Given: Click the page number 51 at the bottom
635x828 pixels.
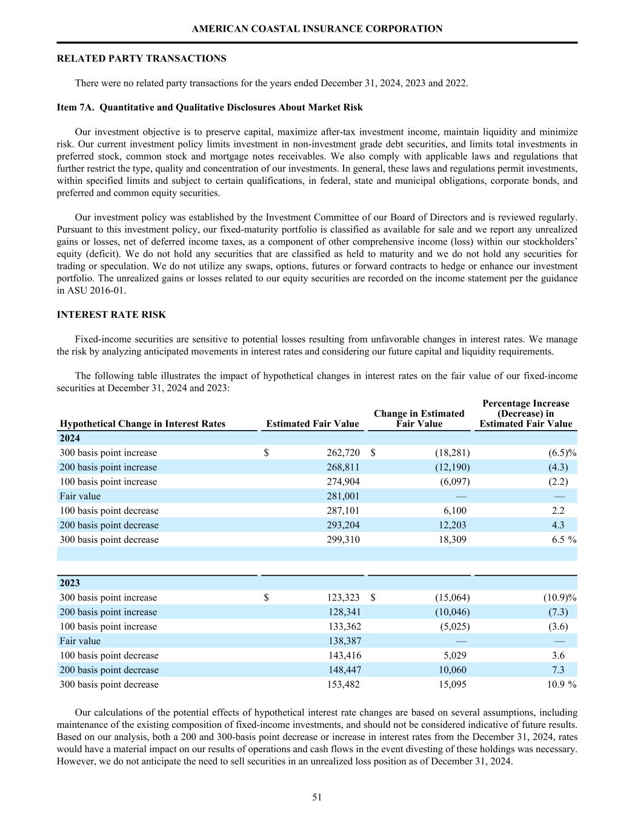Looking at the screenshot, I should coord(317,797).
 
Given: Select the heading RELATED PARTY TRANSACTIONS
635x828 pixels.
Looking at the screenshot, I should coord(141,59).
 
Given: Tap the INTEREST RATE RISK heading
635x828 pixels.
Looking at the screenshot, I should coord(111,315).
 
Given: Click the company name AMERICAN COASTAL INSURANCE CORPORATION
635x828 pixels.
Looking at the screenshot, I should coord(317,29).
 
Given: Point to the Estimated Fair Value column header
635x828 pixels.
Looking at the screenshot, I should coord(313,424).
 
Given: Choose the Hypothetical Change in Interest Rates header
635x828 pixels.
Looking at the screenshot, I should coord(142,424).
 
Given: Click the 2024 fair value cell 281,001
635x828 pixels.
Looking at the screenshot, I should coord(343,496).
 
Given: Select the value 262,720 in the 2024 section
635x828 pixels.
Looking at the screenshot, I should coord(343,453).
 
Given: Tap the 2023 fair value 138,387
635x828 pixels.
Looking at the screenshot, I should coord(344,641).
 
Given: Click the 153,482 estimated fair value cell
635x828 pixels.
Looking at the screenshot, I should coord(344,684).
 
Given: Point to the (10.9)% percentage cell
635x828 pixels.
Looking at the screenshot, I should coord(559,597).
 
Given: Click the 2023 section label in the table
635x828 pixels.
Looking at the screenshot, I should coord(70,583).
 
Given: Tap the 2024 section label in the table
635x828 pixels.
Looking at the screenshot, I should coord(70,438).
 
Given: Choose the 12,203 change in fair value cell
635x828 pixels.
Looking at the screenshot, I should coord(452,525).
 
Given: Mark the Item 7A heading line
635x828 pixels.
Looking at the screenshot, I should coord(210,107).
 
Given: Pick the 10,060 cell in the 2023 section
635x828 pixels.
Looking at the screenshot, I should coord(452,670).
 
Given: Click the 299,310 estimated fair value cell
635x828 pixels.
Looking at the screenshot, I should coord(343,540).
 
